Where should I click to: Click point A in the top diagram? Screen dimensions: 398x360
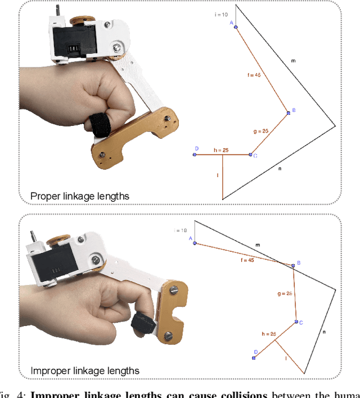point(235,26)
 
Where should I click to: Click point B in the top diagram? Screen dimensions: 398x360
point(289,112)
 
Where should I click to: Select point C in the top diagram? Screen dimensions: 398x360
point(251,154)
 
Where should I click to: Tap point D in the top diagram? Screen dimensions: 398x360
point(195,154)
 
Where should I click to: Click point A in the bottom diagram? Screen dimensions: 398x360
point(195,243)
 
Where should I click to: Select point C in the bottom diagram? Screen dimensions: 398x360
point(296,322)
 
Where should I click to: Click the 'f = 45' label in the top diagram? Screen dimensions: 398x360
point(254,74)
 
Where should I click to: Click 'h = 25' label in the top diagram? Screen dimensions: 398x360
point(221,150)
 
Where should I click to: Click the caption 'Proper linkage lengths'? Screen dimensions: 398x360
point(79,196)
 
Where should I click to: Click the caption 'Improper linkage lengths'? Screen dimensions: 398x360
point(84,370)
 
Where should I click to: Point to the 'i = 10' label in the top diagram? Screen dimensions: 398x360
point(221,15)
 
